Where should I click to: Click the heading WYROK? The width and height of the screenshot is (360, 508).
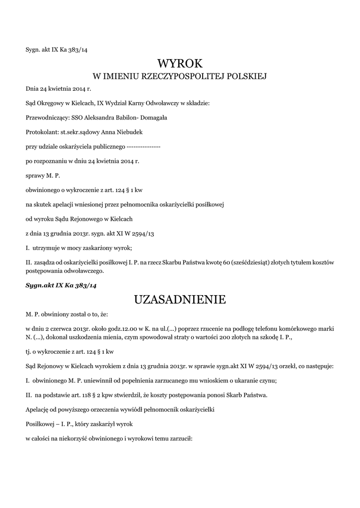point(180,63)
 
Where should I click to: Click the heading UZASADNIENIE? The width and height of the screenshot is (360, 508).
point(180,300)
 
